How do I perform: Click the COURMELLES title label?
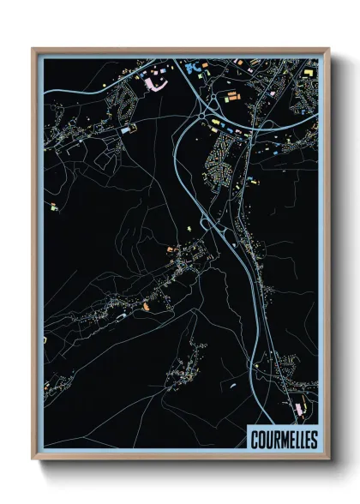point(285,440)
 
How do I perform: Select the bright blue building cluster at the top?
point(191,64)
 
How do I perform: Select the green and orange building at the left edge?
point(53,207)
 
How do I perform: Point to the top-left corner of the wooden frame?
point(33,49)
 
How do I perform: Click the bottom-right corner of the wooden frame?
point(327,459)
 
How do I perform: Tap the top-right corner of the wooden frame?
point(327,49)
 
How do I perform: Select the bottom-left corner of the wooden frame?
point(33,459)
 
